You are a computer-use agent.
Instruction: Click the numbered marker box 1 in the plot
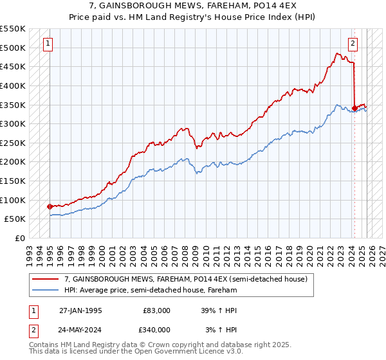(50, 44)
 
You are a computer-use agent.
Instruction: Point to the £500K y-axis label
(13, 48)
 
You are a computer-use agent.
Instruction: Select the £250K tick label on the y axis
(13, 143)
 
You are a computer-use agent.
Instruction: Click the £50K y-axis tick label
(15, 219)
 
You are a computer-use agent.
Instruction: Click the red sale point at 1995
(50, 206)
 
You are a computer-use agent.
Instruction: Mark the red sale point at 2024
(354, 108)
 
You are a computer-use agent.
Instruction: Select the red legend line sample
(45, 279)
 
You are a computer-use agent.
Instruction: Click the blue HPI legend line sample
(45, 290)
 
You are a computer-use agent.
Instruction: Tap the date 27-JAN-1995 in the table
(80, 310)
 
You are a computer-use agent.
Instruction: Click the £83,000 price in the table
(156, 310)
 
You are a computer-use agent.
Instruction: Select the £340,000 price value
(156, 329)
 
